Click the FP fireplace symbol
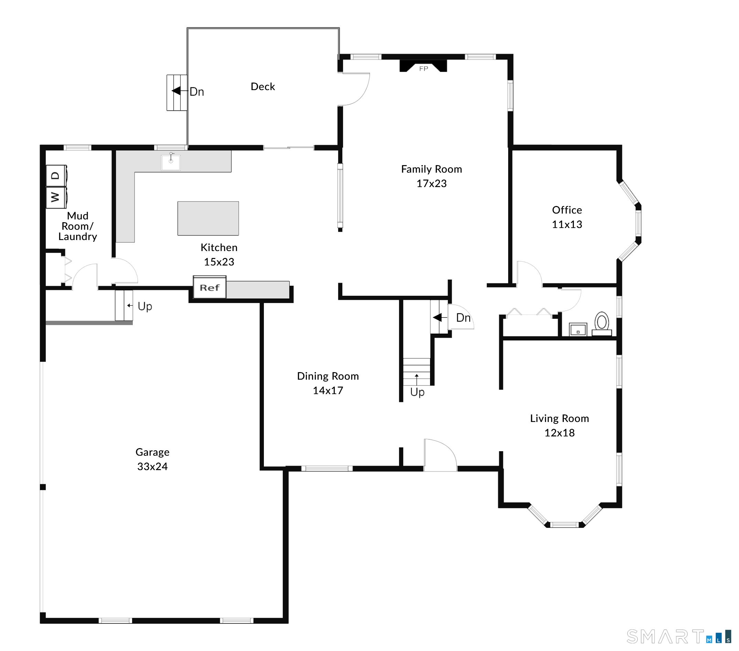click(423, 66)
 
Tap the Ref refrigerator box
click(210, 287)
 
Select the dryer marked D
click(56, 176)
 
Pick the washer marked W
click(56, 197)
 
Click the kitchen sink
click(171, 161)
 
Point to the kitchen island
click(208, 218)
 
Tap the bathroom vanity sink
click(578, 329)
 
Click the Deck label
click(263, 87)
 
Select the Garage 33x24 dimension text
click(152, 466)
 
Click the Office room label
click(567, 210)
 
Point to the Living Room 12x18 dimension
click(559, 433)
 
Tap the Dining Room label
click(328, 376)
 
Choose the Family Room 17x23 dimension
click(431, 184)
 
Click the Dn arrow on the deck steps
click(176, 91)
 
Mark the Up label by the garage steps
click(144, 306)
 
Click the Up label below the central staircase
click(417, 392)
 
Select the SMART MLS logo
click(679, 637)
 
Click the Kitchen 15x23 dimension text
click(219, 262)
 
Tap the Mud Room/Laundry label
click(78, 226)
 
